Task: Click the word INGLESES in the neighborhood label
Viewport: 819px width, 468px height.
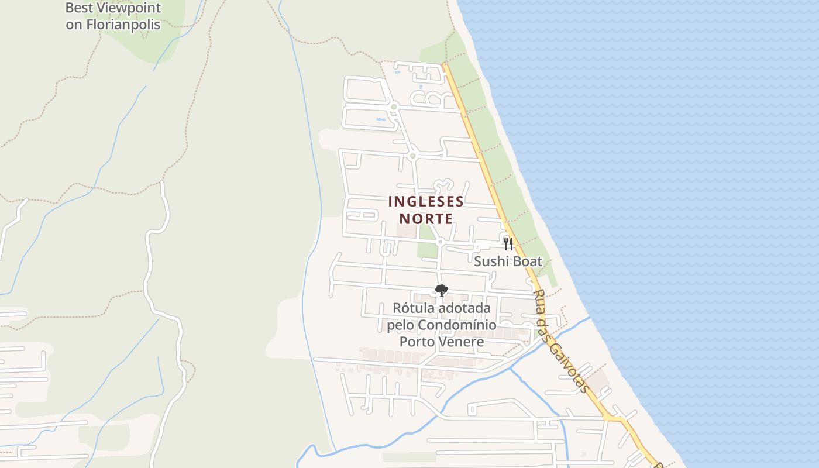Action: coord(426,202)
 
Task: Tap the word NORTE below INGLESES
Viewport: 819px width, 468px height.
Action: coord(426,219)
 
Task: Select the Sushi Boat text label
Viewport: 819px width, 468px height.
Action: coord(508,261)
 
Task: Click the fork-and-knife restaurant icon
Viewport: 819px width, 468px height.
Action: coord(508,243)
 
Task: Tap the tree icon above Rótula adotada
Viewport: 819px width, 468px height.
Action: coord(441,290)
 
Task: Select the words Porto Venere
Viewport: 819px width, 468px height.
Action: coord(442,342)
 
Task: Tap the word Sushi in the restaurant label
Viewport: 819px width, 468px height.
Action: coord(490,261)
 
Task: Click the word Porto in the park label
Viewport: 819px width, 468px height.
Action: coord(417,342)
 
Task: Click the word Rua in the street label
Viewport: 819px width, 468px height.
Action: coord(540,298)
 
